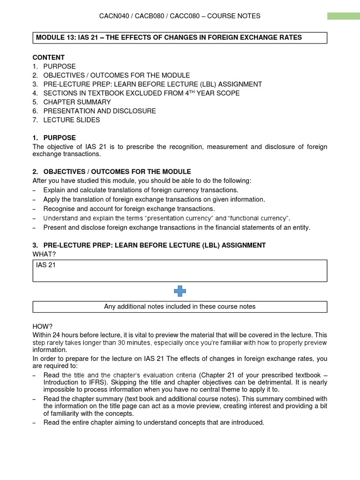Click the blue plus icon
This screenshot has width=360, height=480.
click(x=180, y=292)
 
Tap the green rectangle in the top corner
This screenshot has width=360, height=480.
click(x=343, y=16)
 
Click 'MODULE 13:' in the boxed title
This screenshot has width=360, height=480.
click(x=53, y=37)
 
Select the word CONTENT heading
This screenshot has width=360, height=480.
click(x=48, y=57)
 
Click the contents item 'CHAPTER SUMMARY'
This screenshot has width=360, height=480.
click(x=77, y=102)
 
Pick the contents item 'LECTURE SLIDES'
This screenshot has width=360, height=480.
click(x=71, y=120)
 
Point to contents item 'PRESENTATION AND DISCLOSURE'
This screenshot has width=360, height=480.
click(x=99, y=111)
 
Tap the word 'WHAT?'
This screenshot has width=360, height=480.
click(x=44, y=254)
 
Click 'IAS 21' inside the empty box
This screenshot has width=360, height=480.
click(x=46, y=265)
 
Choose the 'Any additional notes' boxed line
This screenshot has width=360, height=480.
click(x=180, y=307)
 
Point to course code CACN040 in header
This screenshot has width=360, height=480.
click(x=115, y=16)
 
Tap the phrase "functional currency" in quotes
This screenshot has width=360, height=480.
click(x=259, y=218)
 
